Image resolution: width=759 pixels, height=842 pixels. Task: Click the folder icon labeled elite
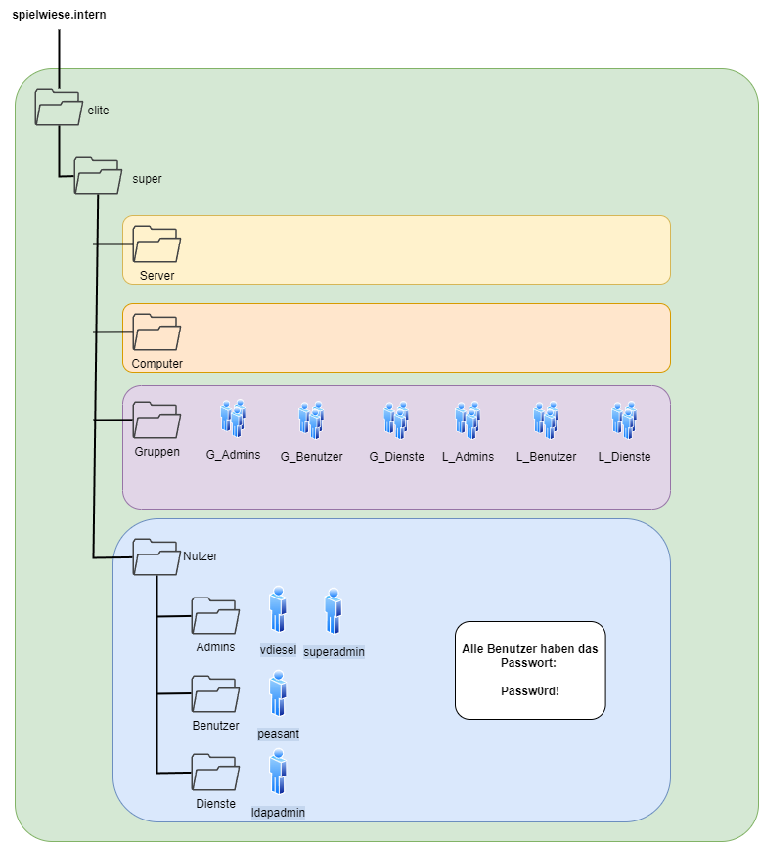tap(59, 107)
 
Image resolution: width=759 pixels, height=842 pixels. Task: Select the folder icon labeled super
tap(99, 175)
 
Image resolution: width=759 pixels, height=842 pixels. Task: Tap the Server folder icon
tap(156, 244)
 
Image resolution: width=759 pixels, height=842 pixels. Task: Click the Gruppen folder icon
tap(156, 420)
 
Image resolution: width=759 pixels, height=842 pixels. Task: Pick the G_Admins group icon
tap(233, 418)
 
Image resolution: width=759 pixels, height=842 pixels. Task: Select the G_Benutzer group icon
tap(311, 420)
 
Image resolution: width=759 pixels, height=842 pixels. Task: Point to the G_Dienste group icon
tap(396, 420)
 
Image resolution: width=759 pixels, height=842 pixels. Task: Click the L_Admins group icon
tap(468, 420)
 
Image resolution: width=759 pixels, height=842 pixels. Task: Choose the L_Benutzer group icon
tap(546, 420)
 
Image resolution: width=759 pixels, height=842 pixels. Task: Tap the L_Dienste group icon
tap(624, 420)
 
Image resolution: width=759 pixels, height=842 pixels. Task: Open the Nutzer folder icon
tap(156, 556)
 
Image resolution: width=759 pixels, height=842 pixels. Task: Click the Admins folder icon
tap(215, 615)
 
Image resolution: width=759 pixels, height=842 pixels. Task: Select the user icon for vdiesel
tap(278, 609)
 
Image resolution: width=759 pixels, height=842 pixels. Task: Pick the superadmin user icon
tap(334, 611)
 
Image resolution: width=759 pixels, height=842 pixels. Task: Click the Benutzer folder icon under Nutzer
tap(215, 693)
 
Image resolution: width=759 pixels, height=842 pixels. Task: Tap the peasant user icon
tap(278, 693)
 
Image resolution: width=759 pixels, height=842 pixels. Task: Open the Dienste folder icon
tap(215, 772)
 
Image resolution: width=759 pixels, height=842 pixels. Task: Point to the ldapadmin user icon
tap(278, 772)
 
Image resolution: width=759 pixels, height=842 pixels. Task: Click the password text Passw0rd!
tap(530, 689)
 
